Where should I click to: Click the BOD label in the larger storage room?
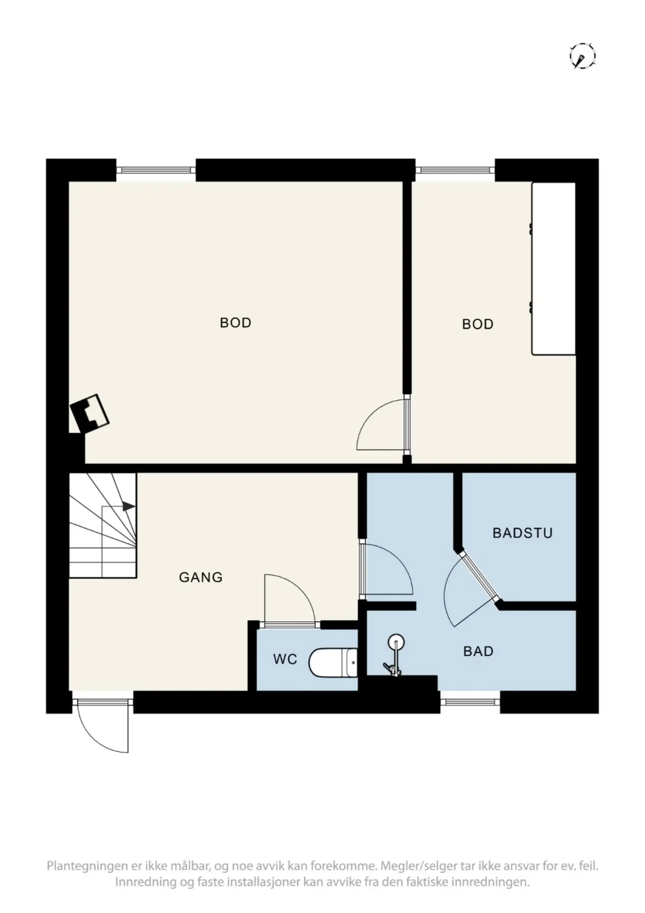click(x=235, y=323)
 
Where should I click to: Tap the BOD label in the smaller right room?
click(x=477, y=324)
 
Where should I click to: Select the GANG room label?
click(x=201, y=577)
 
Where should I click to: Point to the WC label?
click(x=285, y=659)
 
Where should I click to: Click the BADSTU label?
click(x=522, y=533)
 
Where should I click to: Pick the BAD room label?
click(x=478, y=651)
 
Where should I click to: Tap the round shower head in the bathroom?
click(x=396, y=642)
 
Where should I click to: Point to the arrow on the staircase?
click(x=128, y=507)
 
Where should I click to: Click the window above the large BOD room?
click(x=156, y=170)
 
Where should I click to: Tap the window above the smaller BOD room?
click(x=455, y=170)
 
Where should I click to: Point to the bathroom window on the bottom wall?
click(x=470, y=703)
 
